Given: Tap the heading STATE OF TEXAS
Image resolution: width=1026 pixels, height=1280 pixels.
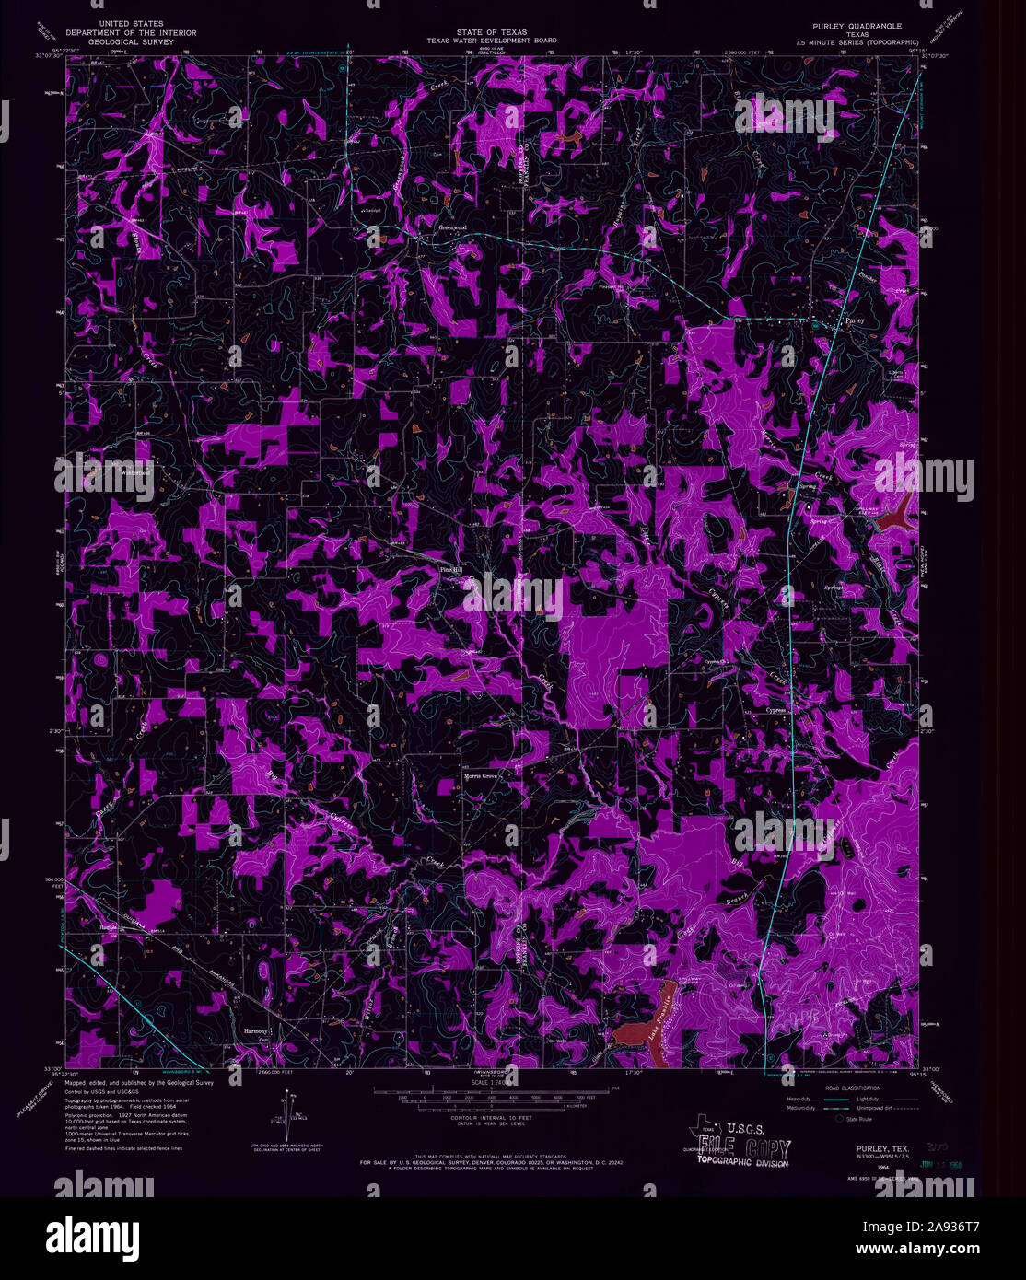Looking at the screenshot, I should [491, 32].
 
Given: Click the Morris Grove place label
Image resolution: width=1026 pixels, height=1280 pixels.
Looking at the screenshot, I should [480, 776].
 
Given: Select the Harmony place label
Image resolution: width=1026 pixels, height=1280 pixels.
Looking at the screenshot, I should [254, 1030].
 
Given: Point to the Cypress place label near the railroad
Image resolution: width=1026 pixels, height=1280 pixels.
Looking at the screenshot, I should [775, 710].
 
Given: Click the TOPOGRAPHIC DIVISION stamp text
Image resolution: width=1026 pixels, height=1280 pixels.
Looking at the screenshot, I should [741, 1163].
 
